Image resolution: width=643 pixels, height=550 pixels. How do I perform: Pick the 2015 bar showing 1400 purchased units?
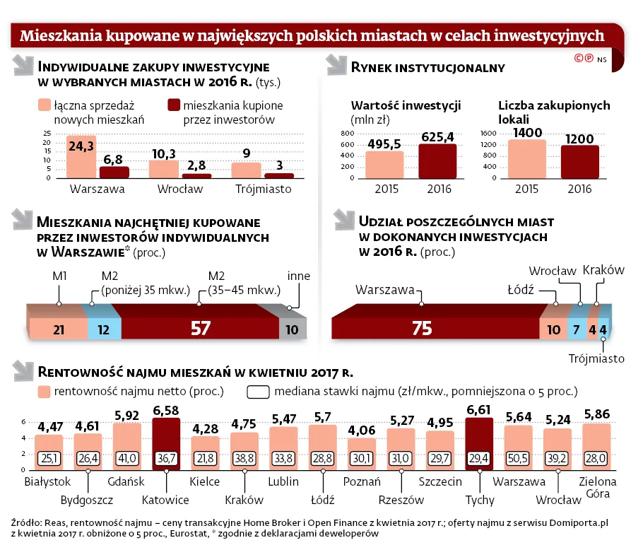[x=527, y=159]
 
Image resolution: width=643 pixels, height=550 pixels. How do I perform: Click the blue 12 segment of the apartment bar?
[x=104, y=328]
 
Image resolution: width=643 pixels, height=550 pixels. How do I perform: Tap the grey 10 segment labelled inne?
[x=291, y=328]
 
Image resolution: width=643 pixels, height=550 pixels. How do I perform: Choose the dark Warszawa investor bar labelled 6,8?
[x=114, y=172]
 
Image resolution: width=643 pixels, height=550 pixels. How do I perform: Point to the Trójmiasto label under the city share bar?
[x=596, y=358]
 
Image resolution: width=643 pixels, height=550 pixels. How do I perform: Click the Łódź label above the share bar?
[x=521, y=289]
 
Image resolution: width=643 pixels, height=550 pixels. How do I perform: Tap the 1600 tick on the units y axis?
[x=488, y=133]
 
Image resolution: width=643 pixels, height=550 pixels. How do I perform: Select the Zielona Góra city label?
[x=597, y=488]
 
